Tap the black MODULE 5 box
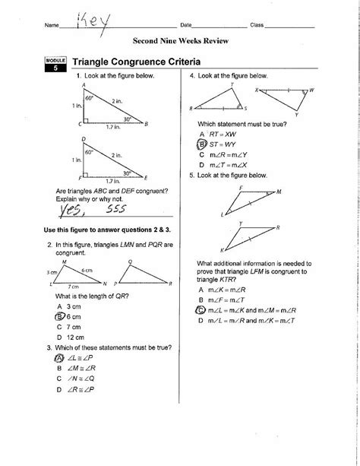coord(55,65)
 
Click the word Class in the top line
coord(257,25)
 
